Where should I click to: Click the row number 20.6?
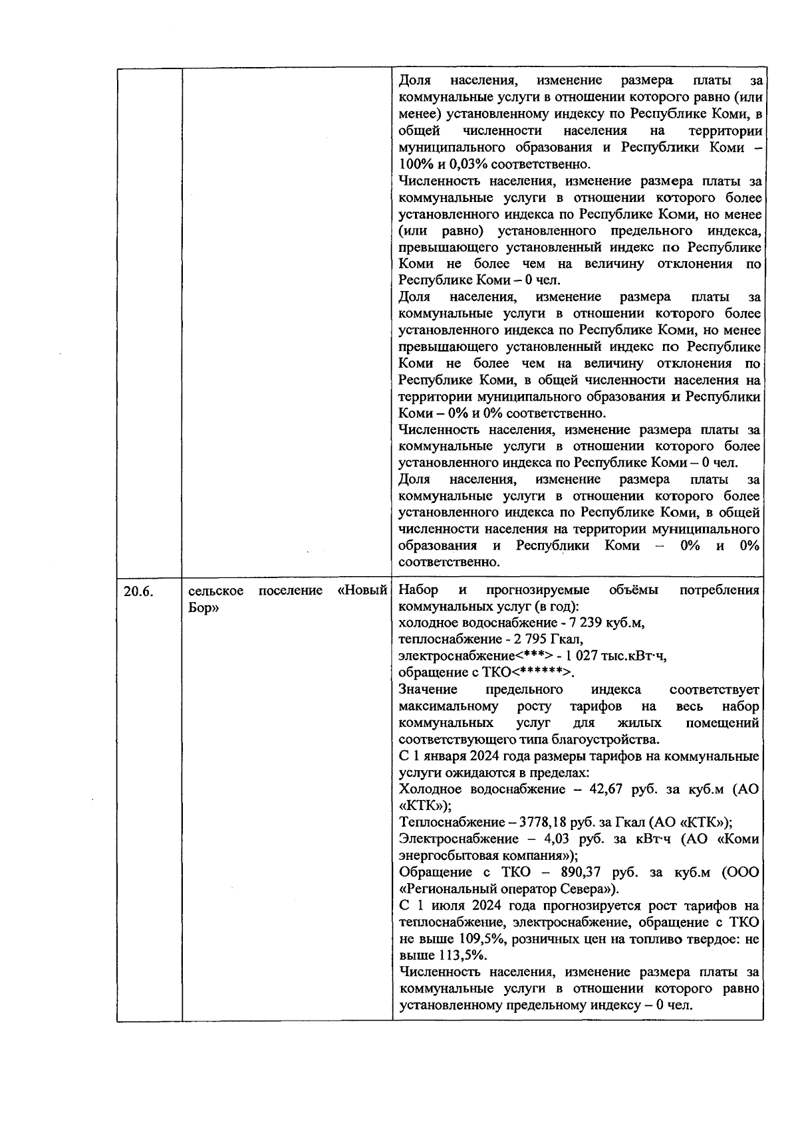tap(138, 591)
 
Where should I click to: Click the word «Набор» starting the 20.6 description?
tap(418, 591)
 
